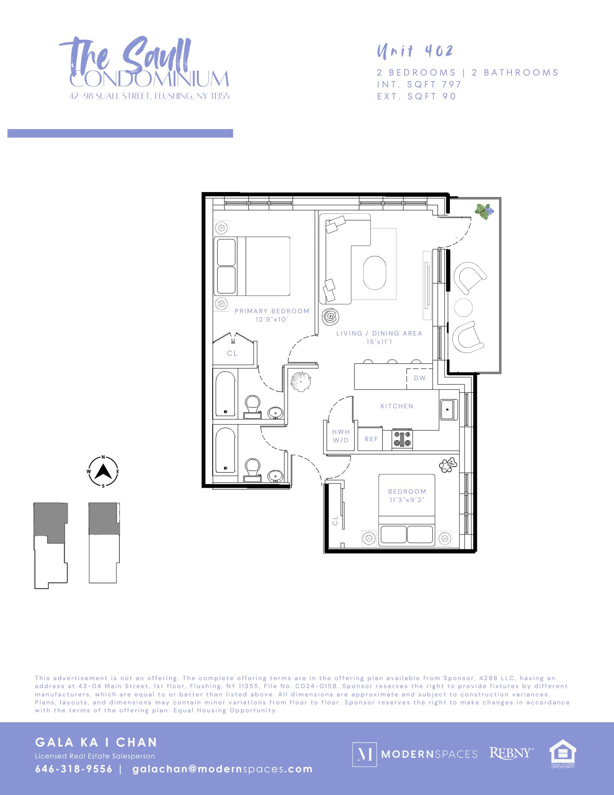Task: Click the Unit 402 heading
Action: click(x=414, y=51)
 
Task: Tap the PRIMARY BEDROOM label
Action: click(x=272, y=311)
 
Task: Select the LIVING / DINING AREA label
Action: click(x=379, y=334)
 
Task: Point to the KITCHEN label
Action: click(x=397, y=406)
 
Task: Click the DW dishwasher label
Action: click(x=420, y=378)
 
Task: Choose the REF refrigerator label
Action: click(x=371, y=440)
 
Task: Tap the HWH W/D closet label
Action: click(x=341, y=436)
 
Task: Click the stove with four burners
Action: click(x=403, y=440)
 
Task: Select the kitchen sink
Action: click(x=449, y=409)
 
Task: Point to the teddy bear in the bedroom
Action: click(x=449, y=465)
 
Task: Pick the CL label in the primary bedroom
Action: click(x=232, y=353)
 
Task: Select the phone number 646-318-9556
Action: click(x=74, y=769)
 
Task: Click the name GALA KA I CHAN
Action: click(x=97, y=742)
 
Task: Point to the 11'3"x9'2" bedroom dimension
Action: click(x=407, y=500)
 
